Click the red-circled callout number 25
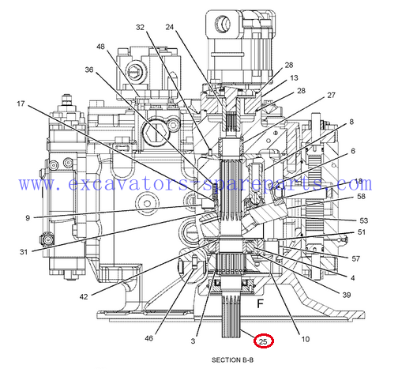[x=263, y=341]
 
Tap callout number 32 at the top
[x=140, y=28]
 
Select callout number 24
[x=170, y=27]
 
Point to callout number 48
[x=100, y=47]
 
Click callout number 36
[x=89, y=70]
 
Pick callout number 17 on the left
[x=21, y=104]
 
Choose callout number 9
[x=28, y=218]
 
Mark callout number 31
[x=24, y=252]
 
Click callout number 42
[x=84, y=297]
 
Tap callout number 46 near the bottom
[x=149, y=338]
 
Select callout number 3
[x=193, y=341]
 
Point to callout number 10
[x=306, y=339]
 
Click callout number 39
[x=347, y=295]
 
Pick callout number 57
[x=356, y=259]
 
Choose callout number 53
[x=364, y=220]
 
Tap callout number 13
[x=294, y=78]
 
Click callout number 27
[x=332, y=96]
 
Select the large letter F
[x=260, y=303]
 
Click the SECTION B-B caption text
[x=233, y=360]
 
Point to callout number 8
[x=351, y=122]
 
